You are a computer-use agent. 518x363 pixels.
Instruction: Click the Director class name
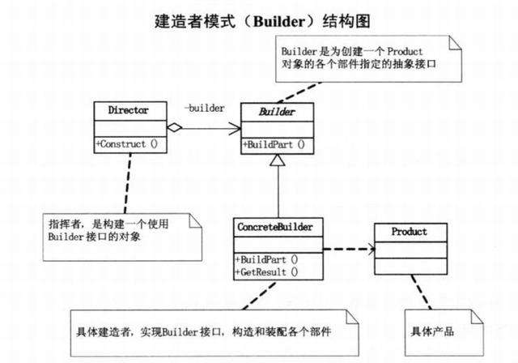(128, 110)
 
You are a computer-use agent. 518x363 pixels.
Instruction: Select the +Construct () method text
(126, 144)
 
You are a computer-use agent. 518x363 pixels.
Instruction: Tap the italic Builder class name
(277, 112)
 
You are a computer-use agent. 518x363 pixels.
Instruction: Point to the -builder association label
(205, 108)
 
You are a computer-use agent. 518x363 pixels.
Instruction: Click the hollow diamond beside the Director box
(175, 127)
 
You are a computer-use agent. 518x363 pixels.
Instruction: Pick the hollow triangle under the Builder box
(277, 160)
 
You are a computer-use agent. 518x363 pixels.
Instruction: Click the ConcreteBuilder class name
(275, 227)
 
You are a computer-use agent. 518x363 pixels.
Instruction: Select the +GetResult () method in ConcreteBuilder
(266, 272)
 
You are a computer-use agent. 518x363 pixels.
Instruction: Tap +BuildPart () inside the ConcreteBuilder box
(266, 259)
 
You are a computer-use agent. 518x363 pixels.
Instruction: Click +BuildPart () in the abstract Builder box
(274, 144)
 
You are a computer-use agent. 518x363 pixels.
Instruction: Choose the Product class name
(409, 232)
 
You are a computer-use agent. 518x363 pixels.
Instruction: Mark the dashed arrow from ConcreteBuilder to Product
(349, 249)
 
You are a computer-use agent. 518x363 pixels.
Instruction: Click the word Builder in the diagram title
(279, 22)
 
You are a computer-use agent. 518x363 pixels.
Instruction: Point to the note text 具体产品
(432, 331)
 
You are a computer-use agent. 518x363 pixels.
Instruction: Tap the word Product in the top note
(405, 52)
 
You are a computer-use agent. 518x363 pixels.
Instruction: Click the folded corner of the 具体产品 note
(477, 317)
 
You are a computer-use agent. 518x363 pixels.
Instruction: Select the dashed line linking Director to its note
(128, 183)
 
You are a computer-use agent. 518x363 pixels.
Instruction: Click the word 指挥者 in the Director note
(65, 224)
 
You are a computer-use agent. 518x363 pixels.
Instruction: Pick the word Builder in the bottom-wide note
(180, 331)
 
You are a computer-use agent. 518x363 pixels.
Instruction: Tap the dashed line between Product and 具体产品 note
(421, 292)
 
